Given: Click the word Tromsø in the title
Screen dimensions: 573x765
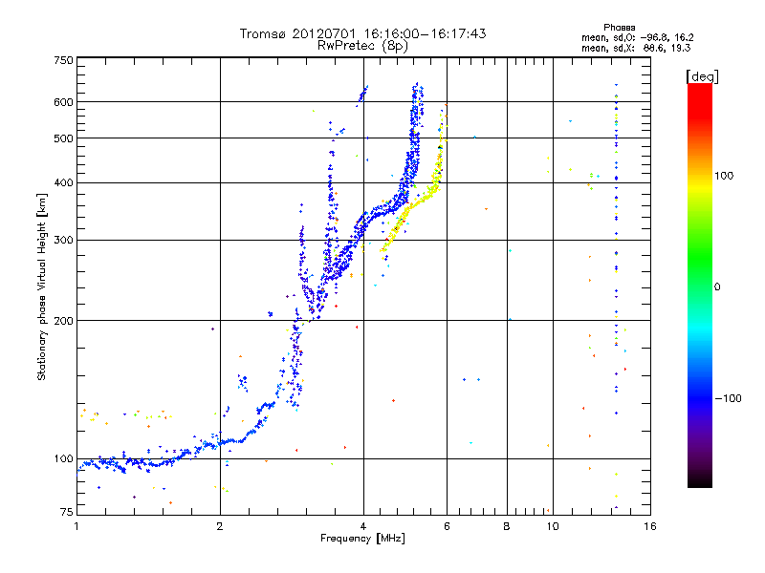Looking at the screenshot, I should pos(263,33).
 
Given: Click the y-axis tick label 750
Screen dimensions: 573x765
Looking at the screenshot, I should pos(63,60).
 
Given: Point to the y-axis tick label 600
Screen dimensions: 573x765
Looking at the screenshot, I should pos(63,101).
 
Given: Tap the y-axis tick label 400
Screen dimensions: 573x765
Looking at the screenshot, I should pos(63,182).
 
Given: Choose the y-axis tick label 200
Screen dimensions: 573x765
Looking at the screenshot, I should pos(63,320).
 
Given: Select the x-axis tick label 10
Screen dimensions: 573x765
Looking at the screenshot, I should pos(551,526).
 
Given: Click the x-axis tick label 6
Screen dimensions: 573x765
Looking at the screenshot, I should pos(447,526).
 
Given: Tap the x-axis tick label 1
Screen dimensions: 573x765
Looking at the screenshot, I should pos(77,526).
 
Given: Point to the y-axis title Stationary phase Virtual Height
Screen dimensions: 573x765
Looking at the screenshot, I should pos(42,286).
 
